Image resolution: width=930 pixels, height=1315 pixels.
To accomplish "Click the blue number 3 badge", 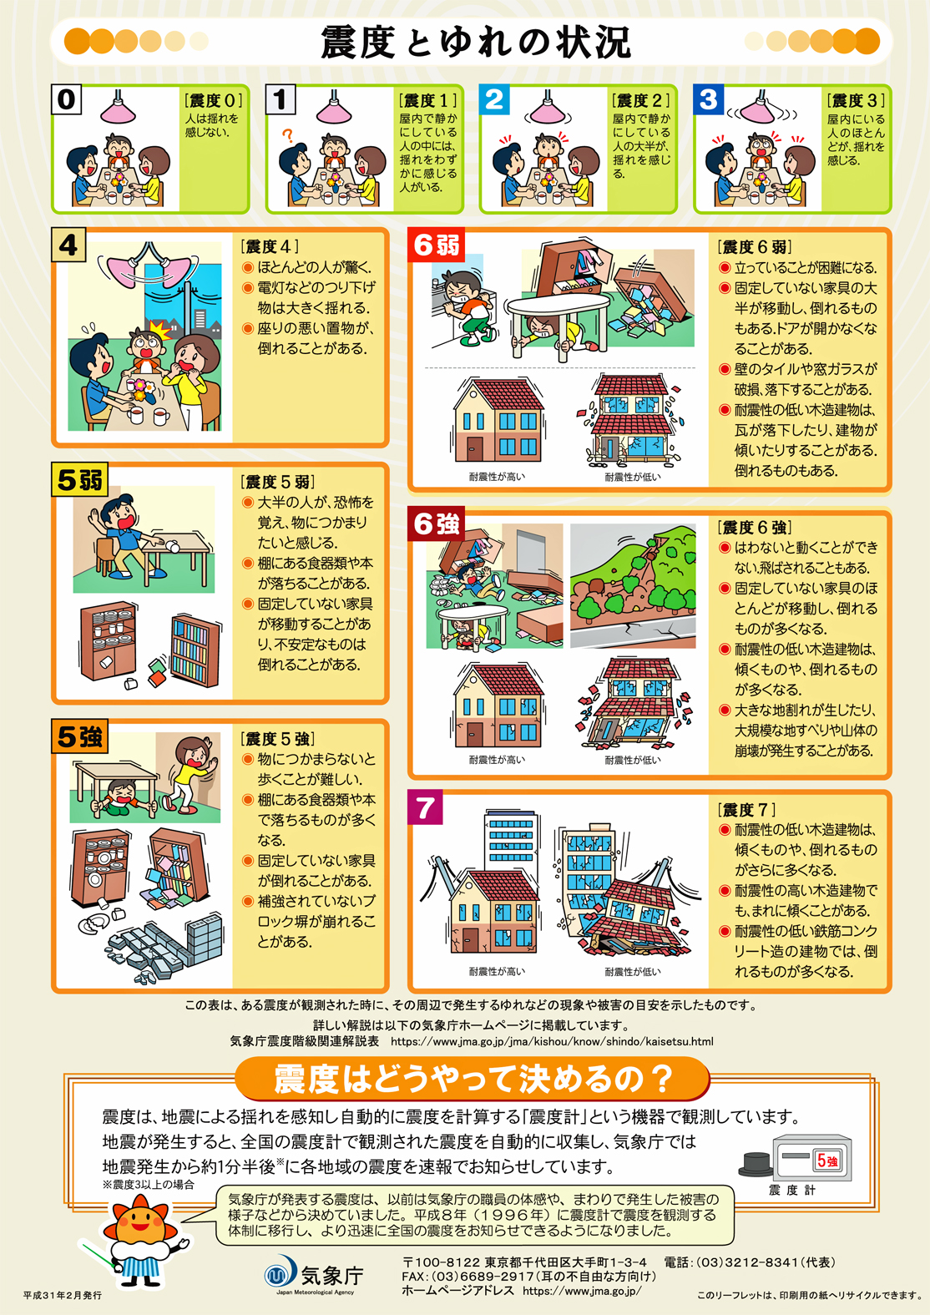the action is (x=708, y=99).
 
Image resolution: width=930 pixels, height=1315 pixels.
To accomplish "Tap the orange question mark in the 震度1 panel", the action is (x=287, y=136).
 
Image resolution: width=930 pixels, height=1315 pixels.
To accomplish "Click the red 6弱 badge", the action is (x=437, y=245).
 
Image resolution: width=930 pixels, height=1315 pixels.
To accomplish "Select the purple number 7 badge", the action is (x=425, y=808).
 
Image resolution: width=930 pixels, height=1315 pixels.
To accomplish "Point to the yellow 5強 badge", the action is (x=80, y=736).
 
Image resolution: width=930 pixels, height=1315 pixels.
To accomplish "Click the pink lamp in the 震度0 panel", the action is (x=119, y=108).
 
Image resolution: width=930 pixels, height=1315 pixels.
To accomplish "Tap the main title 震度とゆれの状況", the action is (x=476, y=43).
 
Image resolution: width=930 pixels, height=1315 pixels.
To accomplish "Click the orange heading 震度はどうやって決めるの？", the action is (x=473, y=1079).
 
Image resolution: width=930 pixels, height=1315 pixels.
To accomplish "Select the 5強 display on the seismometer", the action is (x=828, y=1160).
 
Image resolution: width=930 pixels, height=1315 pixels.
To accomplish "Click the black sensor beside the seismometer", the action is (x=756, y=1165).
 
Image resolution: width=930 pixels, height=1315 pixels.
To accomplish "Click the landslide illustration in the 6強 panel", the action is (x=633, y=586).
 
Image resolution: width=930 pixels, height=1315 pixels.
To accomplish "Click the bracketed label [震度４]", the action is (x=270, y=246).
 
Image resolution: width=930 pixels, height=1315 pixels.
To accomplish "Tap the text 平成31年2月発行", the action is (x=63, y=1295).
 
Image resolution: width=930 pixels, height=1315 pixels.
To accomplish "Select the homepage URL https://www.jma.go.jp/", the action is (x=582, y=1291).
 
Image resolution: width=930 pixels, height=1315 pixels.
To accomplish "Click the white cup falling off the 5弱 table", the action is (x=173, y=547).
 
